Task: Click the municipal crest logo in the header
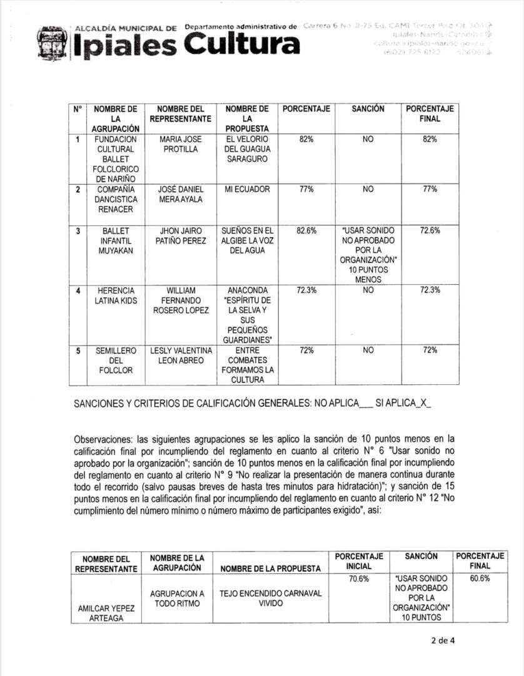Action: [53, 43]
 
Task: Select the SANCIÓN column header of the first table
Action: [368, 109]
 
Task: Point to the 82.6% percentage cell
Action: [306, 230]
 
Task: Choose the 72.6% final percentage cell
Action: [430, 230]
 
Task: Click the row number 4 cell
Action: [78, 291]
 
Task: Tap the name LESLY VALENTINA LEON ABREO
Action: [181, 356]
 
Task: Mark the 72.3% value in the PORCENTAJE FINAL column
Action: [430, 290]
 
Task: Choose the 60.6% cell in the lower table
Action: [480, 579]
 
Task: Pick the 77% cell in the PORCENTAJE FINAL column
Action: [430, 189]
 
